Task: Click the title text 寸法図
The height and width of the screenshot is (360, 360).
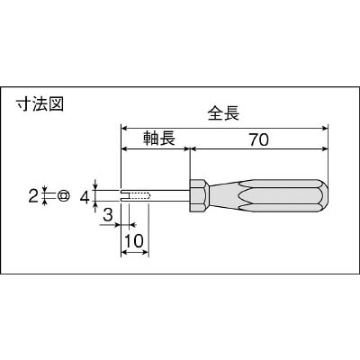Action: pyautogui.click(x=40, y=104)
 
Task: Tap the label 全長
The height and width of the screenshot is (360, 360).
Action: pyautogui.click(x=224, y=113)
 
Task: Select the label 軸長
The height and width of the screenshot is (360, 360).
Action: pyautogui.click(x=158, y=139)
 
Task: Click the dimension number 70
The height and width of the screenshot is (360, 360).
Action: pyautogui.click(x=258, y=139)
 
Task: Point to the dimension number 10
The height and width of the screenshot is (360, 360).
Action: pyautogui.click(x=134, y=240)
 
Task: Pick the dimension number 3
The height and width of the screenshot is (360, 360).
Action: pyautogui.click(x=108, y=215)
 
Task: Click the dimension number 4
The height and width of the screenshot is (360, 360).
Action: pyautogui.click(x=85, y=197)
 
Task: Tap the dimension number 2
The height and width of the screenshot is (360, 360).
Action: pyautogui.click(x=33, y=196)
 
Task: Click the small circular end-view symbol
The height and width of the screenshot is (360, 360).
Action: pyautogui.click(x=64, y=195)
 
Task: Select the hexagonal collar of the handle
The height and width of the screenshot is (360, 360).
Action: pyautogui.click(x=198, y=196)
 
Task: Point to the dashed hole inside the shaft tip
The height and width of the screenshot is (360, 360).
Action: pyautogui.click(x=140, y=196)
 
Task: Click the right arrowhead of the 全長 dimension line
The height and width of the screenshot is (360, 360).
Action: pyautogui.click(x=325, y=128)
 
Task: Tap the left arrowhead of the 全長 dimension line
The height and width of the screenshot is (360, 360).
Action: pyautogui.click(x=124, y=128)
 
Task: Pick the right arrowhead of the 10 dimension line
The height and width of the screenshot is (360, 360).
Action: pyautogui.click(x=145, y=253)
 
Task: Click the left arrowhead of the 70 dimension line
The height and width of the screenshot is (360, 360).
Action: pyautogui.click(x=194, y=148)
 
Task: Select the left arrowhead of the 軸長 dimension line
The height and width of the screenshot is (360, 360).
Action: pyautogui.click(x=124, y=148)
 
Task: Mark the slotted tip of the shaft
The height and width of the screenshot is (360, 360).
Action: pyautogui.click(x=125, y=196)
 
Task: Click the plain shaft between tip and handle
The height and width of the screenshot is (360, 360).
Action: pyautogui.click(x=169, y=196)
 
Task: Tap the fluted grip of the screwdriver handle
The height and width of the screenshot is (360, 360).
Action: pyautogui.click(x=267, y=196)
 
